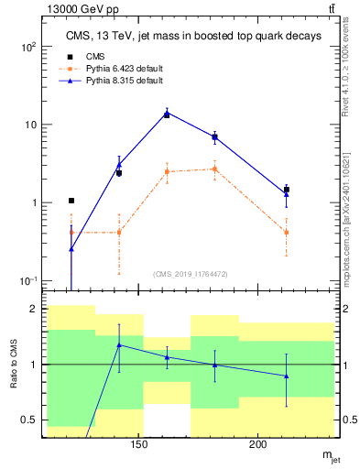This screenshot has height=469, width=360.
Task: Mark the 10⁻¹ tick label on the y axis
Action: (x=27, y=281)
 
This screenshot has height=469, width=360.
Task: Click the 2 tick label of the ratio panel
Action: (x=34, y=310)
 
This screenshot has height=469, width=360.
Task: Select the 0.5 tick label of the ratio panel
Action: (x=29, y=420)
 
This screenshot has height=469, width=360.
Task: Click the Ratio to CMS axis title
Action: (x=14, y=365)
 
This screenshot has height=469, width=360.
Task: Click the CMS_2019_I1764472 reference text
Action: (x=190, y=274)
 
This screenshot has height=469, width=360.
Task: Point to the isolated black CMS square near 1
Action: (x=71, y=201)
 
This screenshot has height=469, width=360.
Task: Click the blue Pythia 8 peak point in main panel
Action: (x=167, y=114)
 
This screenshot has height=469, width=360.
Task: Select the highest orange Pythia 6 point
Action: (x=214, y=169)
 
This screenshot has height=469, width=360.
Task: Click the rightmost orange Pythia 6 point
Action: (x=287, y=232)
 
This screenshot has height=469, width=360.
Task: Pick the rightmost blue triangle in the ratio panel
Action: (x=287, y=376)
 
